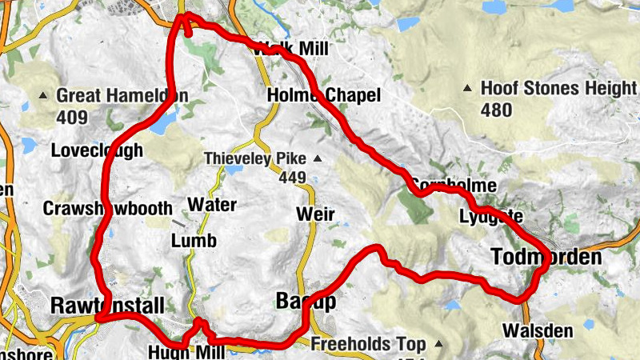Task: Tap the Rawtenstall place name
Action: (x=107, y=306)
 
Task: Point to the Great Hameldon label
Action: (x=122, y=96)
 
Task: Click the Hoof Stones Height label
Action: (x=558, y=89)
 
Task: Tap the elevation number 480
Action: (x=497, y=110)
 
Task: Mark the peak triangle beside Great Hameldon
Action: (x=44, y=96)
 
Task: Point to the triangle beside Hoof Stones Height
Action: (x=468, y=89)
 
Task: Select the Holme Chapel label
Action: (x=322, y=96)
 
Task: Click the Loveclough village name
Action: (x=97, y=150)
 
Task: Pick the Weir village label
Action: (x=314, y=214)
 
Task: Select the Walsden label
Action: (x=527, y=330)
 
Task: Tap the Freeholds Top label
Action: (x=368, y=345)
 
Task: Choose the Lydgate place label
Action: (x=491, y=216)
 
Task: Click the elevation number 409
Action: (x=71, y=118)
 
